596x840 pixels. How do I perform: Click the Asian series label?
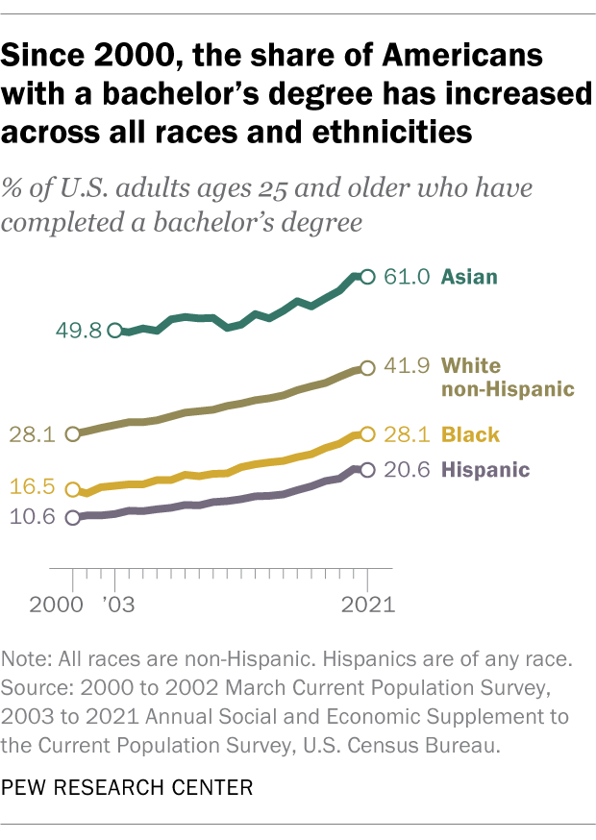469,278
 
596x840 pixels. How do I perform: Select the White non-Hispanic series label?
507,378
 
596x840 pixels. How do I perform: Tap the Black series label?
471,435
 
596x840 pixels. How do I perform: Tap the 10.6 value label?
34,518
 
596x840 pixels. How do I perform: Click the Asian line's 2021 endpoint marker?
366,277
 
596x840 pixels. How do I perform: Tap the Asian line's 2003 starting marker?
115,331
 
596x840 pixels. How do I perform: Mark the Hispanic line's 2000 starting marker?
72,518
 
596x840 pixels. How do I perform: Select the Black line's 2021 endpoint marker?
366,434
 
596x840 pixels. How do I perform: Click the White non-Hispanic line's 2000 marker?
72,434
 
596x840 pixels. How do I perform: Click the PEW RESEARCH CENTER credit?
129,788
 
